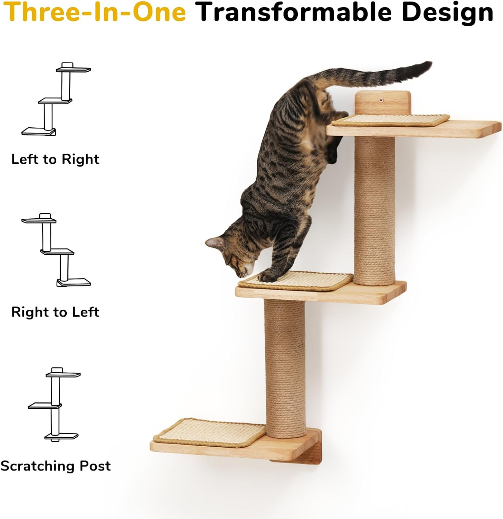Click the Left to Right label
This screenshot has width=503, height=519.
(x=55, y=159)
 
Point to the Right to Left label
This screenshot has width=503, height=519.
(x=55, y=312)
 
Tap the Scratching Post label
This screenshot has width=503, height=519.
(x=55, y=466)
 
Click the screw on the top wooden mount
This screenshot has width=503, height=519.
(x=381, y=100)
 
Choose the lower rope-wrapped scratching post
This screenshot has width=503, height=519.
(x=285, y=367)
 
